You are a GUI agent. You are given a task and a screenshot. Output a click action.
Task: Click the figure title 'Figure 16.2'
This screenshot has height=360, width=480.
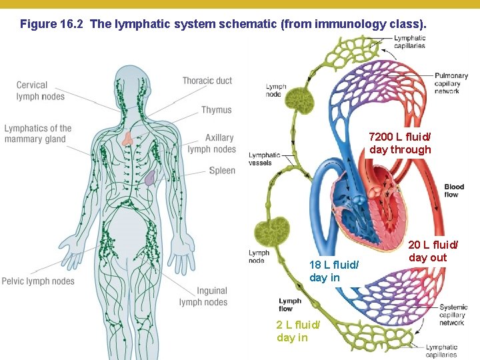tap(51, 25)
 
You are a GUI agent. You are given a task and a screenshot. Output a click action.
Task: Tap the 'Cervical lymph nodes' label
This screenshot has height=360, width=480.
tap(41, 91)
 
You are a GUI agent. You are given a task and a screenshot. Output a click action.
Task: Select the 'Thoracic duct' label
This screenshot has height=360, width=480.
tap(207, 81)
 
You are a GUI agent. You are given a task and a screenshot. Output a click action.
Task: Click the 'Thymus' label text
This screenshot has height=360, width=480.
tap(217, 110)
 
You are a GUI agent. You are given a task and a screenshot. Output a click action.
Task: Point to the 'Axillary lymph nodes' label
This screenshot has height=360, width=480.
tap(212, 143)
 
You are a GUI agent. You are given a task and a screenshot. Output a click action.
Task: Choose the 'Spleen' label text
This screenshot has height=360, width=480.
tap(222, 171)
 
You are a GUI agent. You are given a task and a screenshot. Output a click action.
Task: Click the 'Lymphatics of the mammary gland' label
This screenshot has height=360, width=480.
tap(38, 133)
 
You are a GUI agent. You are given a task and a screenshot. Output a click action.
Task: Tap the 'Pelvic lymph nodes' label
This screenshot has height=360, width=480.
tap(38, 281)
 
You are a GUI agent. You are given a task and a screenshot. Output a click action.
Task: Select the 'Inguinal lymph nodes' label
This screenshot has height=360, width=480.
tap(204, 297)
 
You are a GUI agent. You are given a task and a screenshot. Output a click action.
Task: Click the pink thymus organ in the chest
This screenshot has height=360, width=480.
tap(128, 139)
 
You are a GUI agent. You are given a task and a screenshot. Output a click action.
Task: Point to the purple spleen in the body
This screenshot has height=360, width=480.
tap(151, 177)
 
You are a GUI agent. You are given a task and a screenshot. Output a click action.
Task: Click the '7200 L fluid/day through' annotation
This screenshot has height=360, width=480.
tap(400, 143)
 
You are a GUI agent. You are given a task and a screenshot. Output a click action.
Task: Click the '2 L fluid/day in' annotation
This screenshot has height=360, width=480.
tap(298, 331)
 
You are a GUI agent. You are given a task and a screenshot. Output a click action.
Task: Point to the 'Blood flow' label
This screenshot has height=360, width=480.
tap(454, 191)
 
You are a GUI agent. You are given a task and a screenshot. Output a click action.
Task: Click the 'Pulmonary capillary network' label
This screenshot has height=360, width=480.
tap(447, 83)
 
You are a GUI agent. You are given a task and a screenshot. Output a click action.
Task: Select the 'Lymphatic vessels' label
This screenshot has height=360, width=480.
tap(265, 159)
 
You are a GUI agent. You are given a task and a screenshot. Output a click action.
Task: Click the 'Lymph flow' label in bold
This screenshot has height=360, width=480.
tap(290, 305)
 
